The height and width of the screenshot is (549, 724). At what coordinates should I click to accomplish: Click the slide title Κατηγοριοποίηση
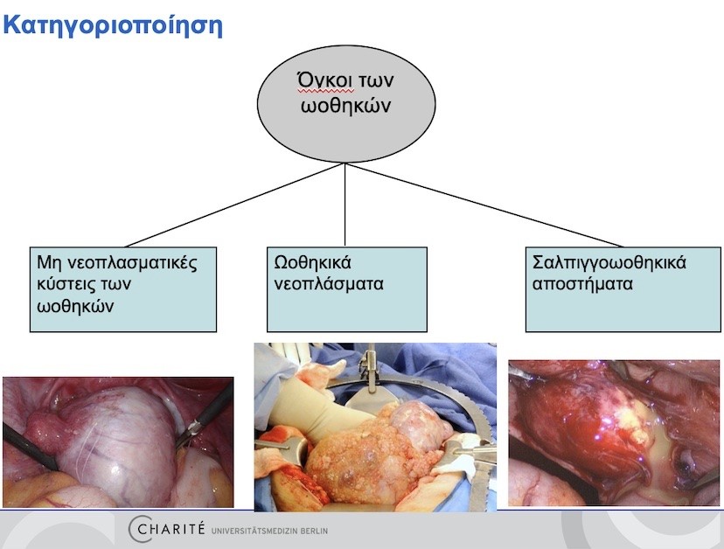[x=113, y=25]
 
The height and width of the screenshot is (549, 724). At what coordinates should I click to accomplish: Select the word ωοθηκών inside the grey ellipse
[x=346, y=105]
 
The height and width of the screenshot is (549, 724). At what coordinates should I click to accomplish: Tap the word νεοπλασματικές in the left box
[x=132, y=263]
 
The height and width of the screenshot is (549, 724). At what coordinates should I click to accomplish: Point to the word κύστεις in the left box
[x=61, y=283]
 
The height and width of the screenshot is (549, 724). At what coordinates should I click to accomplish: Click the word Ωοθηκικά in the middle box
[x=312, y=262]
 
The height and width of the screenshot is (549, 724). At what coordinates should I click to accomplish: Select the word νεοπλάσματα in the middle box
[x=328, y=283]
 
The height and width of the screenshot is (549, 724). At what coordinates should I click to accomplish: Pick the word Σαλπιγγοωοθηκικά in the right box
[x=609, y=263]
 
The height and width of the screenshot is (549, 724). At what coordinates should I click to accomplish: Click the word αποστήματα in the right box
[x=582, y=283]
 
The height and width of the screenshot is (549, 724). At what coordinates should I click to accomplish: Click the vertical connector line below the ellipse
[x=345, y=205]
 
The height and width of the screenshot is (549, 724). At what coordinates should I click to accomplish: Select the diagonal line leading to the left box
[x=235, y=205]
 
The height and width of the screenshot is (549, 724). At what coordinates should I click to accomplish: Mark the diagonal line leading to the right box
[x=484, y=205]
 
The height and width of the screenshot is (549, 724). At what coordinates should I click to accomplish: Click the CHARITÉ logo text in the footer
[x=166, y=528]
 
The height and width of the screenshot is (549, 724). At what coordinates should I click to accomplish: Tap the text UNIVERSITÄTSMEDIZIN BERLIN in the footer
[x=269, y=531]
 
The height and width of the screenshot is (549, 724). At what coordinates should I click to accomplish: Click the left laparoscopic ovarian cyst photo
[x=118, y=442]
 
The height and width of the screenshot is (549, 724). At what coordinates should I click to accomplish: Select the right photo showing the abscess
[x=614, y=433]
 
